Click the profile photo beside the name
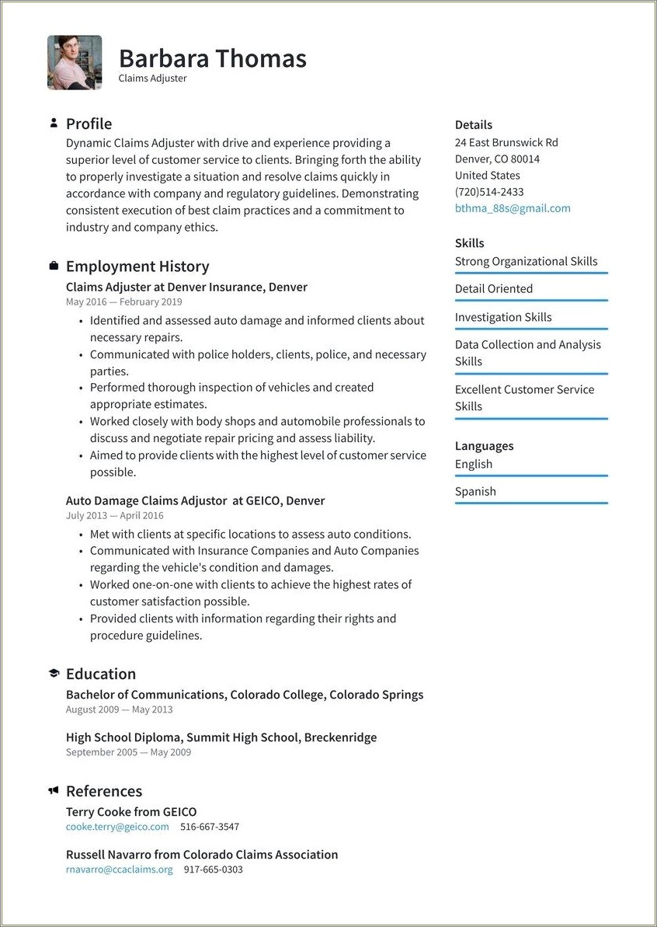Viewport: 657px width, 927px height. pos(75,62)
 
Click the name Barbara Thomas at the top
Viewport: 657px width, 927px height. pos(212,58)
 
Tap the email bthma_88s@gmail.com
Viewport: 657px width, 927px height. pos(513,208)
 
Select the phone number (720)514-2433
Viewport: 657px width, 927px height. pos(489,192)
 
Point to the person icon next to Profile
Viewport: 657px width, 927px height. pos(54,123)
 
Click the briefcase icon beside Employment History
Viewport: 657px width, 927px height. pos(54,266)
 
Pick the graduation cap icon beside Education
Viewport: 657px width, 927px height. pos(54,674)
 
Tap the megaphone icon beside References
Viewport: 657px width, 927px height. pos(54,791)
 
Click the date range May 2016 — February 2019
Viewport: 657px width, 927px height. pos(123,301)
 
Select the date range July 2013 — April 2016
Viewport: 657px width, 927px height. pos(114,515)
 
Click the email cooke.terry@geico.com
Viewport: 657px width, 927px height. pos(117,827)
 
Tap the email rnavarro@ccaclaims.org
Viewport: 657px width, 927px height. pos(120,869)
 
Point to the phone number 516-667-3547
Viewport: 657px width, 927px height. pos(210,827)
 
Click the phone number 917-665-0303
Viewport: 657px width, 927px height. pos(214,869)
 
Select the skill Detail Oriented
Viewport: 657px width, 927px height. pos(494,289)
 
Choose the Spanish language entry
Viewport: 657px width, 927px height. pos(475,491)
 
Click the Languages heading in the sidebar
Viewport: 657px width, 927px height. pos(484,446)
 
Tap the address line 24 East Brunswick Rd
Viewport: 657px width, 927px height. pos(506,142)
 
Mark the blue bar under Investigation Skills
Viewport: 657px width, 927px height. pos(531,329)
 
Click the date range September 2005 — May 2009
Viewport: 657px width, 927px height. pos(128,752)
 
